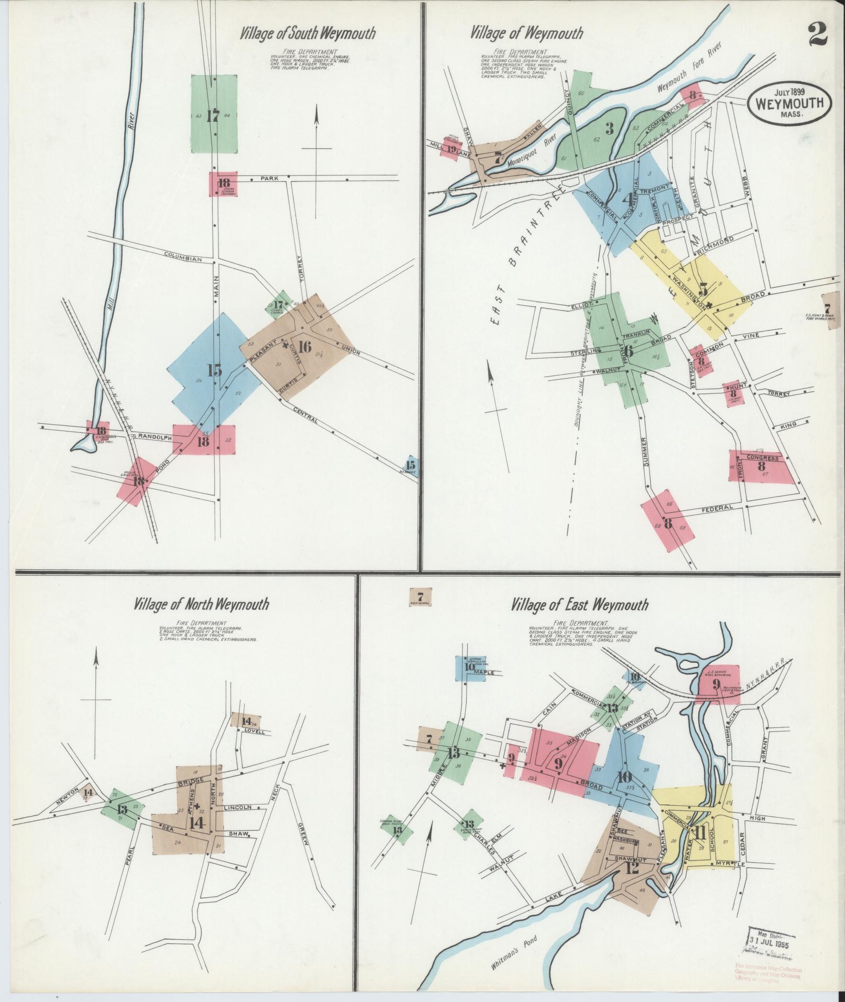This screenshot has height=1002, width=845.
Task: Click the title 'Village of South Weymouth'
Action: (x=308, y=34)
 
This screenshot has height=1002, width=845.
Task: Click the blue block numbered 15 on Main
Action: (x=214, y=370)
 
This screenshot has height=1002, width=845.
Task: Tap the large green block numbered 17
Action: (x=214, y=114)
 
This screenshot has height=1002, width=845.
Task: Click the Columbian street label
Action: (x=182, y=258)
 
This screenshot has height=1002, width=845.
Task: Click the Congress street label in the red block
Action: (x=763, y=458)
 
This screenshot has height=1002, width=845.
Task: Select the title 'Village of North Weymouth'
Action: (x=201, y=604)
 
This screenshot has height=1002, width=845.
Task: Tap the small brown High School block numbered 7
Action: (x=420, y=597)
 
